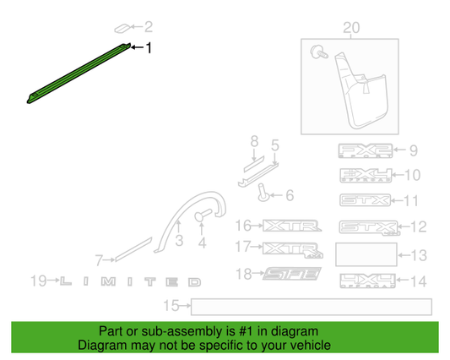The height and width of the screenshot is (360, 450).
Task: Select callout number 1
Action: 150,49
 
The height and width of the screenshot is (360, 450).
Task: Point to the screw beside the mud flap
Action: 317,53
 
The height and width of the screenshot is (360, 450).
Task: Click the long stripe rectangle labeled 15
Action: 312,305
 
